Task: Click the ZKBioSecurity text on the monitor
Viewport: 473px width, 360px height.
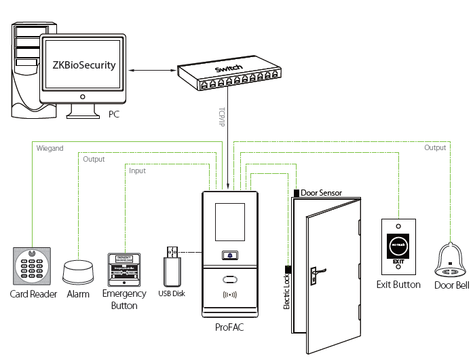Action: (x=84, y=66)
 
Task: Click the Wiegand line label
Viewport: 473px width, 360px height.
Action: (x=50, y=147)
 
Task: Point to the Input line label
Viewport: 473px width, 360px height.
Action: (x=137, y=171)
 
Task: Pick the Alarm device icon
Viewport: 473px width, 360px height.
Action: (x=80, y=272)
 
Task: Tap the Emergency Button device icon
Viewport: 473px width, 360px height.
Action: (x=124, y=270)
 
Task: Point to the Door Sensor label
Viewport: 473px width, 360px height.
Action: (x=321, y=194)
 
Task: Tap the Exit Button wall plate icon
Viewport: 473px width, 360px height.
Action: (x=398, y=247)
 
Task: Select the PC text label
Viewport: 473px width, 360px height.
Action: (x=114, y=115)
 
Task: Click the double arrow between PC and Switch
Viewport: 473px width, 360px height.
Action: (x=151, y=70)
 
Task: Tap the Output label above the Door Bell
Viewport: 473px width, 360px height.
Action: (x=435, y=147)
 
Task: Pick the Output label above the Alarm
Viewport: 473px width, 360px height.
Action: (x=93, y=160)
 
